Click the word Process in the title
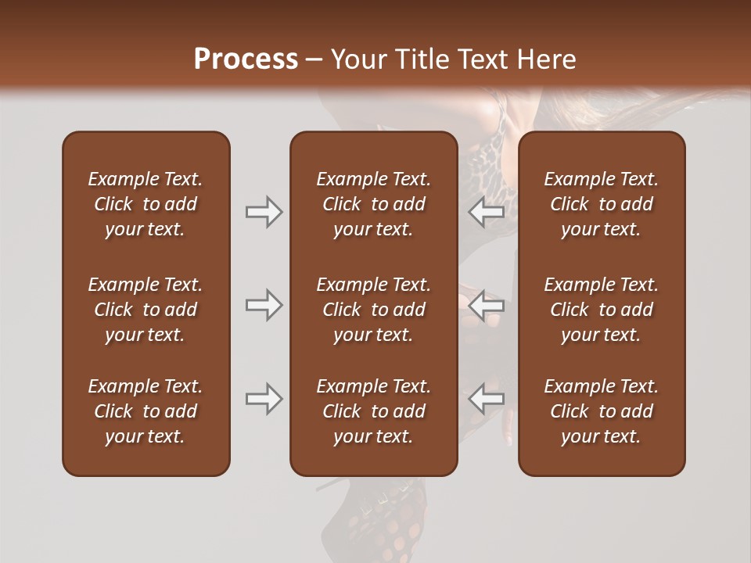pos(246,59)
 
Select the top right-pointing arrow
pos(264,212)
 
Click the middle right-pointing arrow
pos(264,305)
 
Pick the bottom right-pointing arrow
pos(264,399)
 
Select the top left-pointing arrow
pos(487,212)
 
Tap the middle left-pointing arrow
pos(487,305)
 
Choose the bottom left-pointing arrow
pos(487,399)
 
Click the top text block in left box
pos(146,204)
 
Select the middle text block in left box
pos(146,310)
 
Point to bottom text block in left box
pos(146,411)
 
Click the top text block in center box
pos(373,204)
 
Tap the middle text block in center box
pos(373,310)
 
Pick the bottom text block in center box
pos(373,411)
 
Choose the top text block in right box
pos(601,204)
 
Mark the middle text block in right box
pos(601,310)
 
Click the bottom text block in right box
pos(601,411)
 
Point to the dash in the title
pos(314,60)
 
